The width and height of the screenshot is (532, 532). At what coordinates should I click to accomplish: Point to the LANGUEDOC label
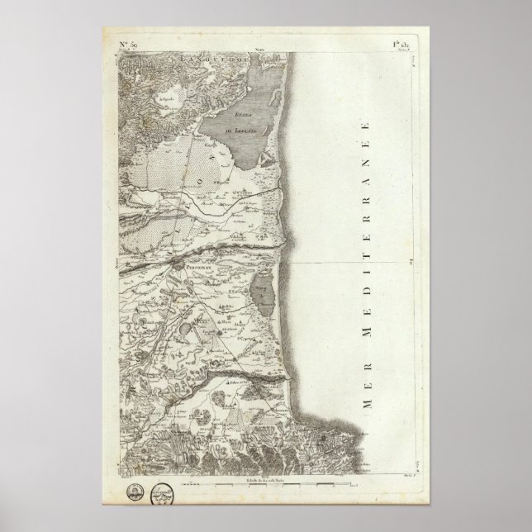[191, 58]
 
